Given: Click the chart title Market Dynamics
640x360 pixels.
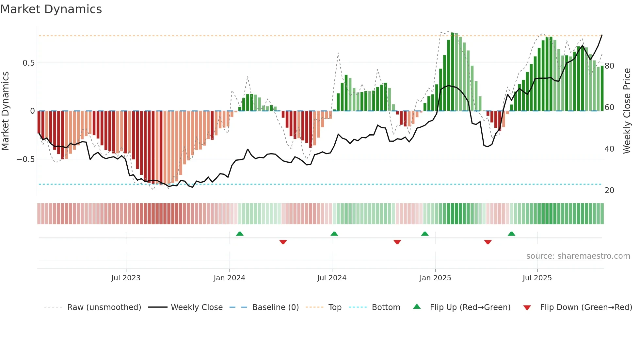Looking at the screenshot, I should (51, 9).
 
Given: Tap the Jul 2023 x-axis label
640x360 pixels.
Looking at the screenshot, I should (126, 278).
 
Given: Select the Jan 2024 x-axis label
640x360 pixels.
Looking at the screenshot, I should (229, 278).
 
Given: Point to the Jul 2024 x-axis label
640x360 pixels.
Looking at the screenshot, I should (332, 278).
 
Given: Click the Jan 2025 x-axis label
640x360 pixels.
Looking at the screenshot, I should (435, 278).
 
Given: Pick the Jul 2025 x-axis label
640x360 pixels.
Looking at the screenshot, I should (537, 278).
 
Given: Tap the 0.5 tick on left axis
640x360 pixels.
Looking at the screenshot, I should (29, 63).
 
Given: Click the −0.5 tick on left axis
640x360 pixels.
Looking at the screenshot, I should (26, 159).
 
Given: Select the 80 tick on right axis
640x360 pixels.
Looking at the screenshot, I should (609, 66).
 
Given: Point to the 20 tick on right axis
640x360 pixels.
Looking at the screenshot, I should (609, 190).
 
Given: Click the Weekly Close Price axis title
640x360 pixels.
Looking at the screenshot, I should (627, 111).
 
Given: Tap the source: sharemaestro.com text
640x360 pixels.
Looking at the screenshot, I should (578, 256).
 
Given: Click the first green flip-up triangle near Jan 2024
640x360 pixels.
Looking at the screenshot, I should (240, 234).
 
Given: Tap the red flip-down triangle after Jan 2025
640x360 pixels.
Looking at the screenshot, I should (488, 242).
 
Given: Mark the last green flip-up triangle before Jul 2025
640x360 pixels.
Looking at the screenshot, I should (512, 234).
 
